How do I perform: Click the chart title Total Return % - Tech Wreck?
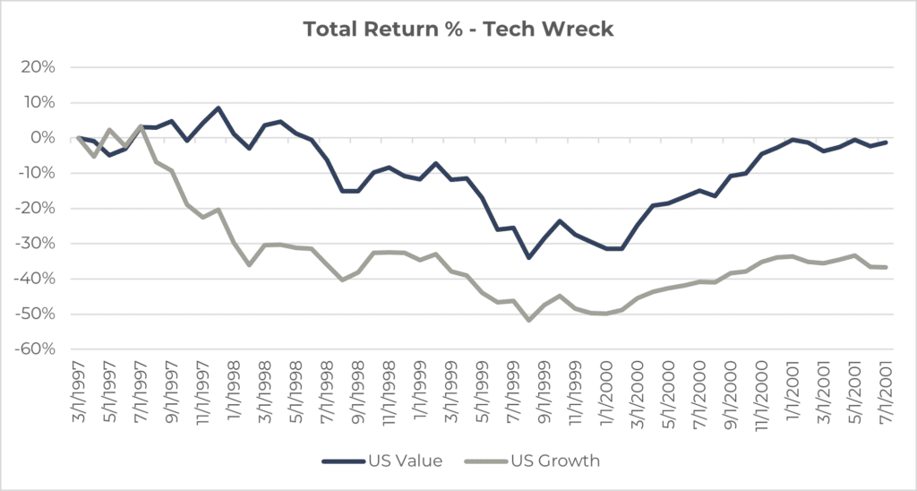point(458,29)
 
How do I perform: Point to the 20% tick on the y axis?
point(40,67)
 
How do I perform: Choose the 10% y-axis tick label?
point(40,102)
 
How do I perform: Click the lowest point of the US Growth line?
point(529,320)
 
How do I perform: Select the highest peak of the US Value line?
point(219,108)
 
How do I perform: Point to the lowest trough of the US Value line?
point(529,258)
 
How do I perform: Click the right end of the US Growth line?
point(887,267)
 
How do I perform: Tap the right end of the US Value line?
point(887,142)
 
